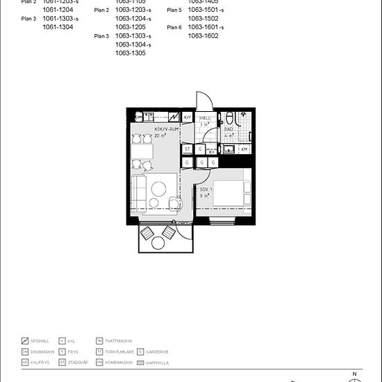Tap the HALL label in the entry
[206, 119]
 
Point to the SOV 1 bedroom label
[205, 190]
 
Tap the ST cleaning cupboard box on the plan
[188, 149]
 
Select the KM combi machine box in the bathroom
[244, 149]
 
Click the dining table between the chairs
[144, 150]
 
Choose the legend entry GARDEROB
[158, 352]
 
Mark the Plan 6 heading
[174, 27]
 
